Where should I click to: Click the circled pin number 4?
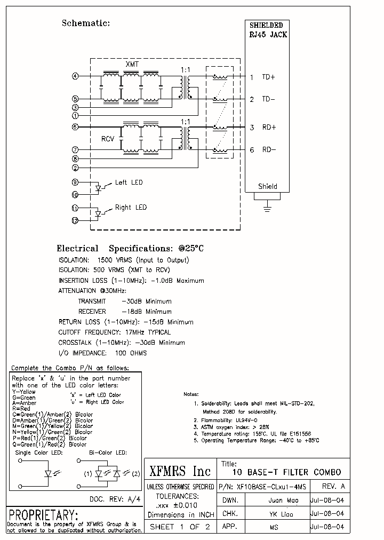[x=75, y=76]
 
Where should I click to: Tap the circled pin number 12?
[x=75, y=220]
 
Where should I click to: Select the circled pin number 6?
[x=75, y=127]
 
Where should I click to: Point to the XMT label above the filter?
[x=132, y=64]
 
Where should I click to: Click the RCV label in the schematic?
[x=108, y=139]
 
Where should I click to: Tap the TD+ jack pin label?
[x=268, y=77]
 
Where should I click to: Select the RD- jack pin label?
[x=268, y=150]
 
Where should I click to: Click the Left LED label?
[x=129, y=182]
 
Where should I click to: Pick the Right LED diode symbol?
[x=98, y=214]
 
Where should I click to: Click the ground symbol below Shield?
[x=267, y=206]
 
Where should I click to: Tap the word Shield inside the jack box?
[x=267, y=187]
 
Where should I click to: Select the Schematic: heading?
[x=86, y=23]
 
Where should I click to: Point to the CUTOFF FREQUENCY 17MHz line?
[x=115, y=332]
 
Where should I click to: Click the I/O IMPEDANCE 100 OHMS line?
[x=102, y=353]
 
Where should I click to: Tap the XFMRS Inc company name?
[x=180, y=471]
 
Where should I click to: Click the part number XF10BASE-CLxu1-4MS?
[x=262, y=487]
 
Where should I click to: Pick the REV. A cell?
[x=334, y=487]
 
